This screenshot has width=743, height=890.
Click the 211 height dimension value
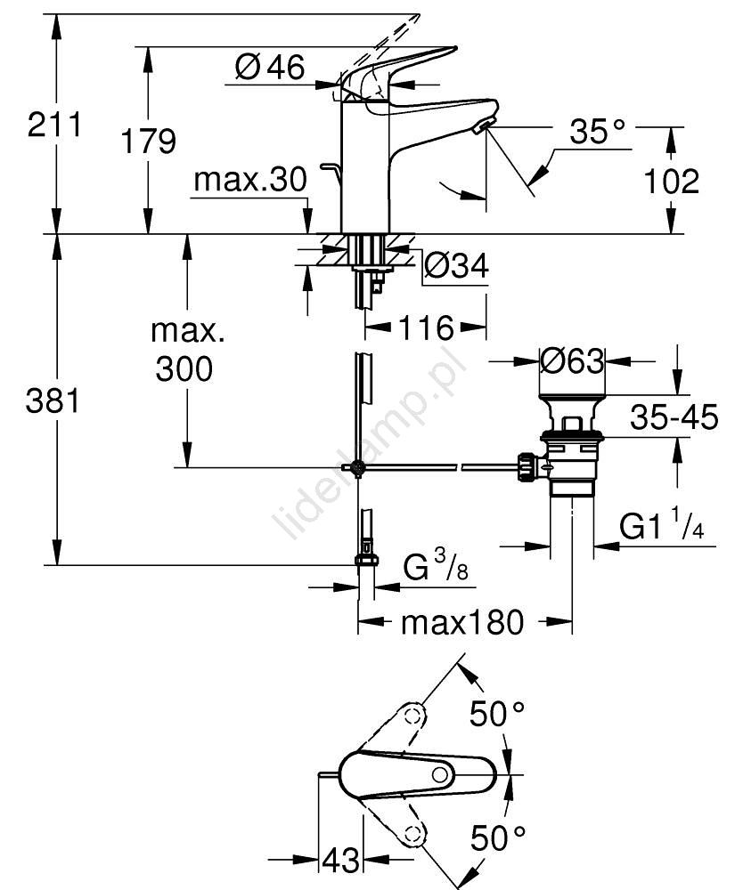pyautogui.click(x=54, y=125)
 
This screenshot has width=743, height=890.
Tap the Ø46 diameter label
pyautogui.click(x=270, y=67)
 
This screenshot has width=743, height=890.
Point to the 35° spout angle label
pyautogui.click(x=598, y=133)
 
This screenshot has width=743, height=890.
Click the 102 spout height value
pyautogui.click(x=671, y=182)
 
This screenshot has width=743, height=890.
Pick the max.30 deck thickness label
pyautogui.click(x=249, y=181)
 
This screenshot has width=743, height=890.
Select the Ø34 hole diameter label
pyautogui.click(x=455, y=264)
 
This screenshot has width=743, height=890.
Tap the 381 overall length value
pyautogui.click(x=54, y=402)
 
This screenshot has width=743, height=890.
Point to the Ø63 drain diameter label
pyautogui.click(x=572, y=360)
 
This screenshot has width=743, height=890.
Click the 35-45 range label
pyautogui.click(x=672, y=417)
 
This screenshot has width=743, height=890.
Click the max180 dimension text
pyautogui.click(x=461, y=623)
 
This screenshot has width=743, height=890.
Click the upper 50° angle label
pyautogui.click(x=498, y=713)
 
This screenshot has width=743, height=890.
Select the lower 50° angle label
pyautogui.click(x=498, y=837)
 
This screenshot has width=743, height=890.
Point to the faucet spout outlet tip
pyautogui.click(x=483, y=126)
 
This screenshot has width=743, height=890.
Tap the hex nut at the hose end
pyautogui.click(x=365, y=560)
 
